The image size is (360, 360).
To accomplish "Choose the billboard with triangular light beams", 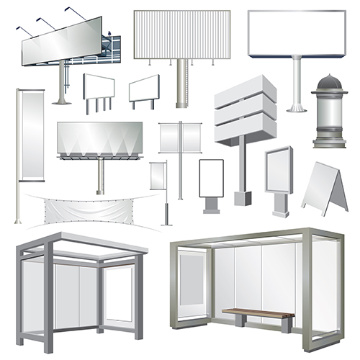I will pyautogui.click(x=99, y=141).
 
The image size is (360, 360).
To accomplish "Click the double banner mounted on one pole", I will pyautogui.click(x=181, y=137).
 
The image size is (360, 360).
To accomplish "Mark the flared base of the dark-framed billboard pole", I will pyautogui.click(x=294, y=107).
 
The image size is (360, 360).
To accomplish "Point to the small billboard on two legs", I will pyautogui.click(x=143, y=91).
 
